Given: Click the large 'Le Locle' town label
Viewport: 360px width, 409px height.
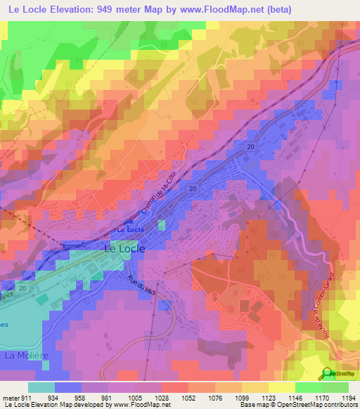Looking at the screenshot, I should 124,248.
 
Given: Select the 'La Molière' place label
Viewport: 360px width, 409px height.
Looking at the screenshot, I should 26,356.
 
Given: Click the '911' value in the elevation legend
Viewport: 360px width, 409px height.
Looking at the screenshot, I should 27,397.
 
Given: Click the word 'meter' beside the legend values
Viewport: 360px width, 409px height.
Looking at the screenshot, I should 10,397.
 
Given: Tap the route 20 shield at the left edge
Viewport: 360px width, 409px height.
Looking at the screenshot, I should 23,288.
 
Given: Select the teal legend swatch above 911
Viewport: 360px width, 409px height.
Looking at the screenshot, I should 41,387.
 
